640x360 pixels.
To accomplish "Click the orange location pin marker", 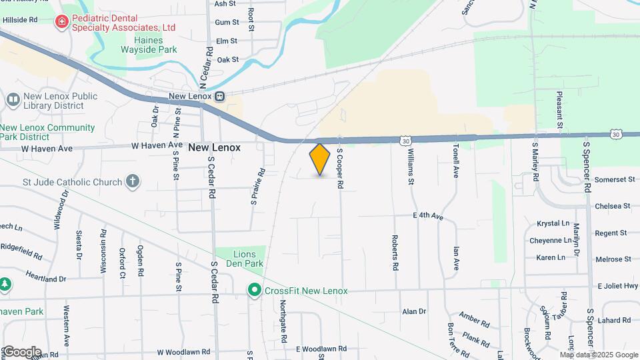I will tap(320, 159).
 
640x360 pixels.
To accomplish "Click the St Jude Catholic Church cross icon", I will tap(133, 181).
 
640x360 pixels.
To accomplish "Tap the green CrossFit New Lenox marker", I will tap(253, 290).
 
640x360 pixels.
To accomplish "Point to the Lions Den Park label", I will tap(249, 259).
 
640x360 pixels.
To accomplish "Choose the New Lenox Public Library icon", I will tap(13, 100).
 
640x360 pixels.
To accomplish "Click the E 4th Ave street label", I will tap(428, 216).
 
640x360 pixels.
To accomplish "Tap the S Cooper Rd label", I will tap(339, 169).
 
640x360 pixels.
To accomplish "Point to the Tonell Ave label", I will tap(456, 161).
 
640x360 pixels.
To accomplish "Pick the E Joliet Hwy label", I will tap(618, 286).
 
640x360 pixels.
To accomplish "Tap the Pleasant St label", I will tap(559, 109).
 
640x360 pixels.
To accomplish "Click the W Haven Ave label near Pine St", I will tap(156, 145).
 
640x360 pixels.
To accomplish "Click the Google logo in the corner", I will tap(21, 352).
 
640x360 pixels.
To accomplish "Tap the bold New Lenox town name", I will tap(214, 147).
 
